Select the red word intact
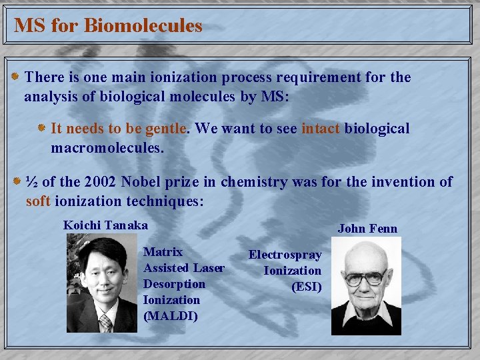pyautogui.click(x=321, y=128)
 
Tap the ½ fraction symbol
pyautogui.click(x=31, y=182)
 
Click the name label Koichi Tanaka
pyautogui.click(x=105, y=225)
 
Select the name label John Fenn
pyautogui.click(x=367, y=229)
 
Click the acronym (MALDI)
pyautogui.click(x=171, y=316)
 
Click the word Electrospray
pyautogui.click(x=285, y=255)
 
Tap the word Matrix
pyautogui.click(x=163, y=252)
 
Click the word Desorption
pyautogui.click(x=174, y=284)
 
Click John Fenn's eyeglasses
pyautogui.click(x=365, y=276)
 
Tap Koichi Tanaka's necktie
pyautogui.click(x=105, y=323)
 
